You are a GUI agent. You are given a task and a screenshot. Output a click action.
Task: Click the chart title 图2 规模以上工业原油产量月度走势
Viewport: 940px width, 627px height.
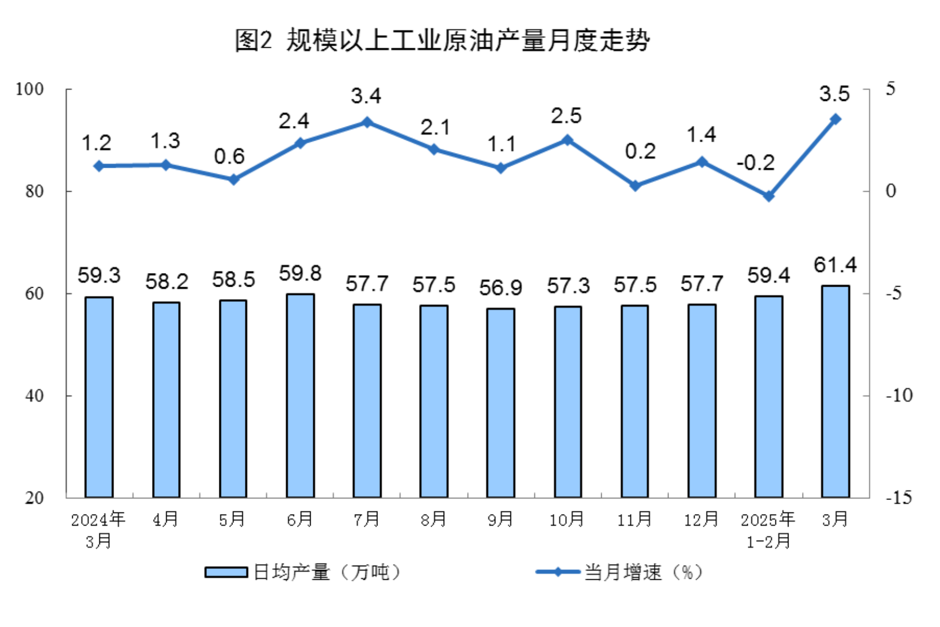click(441, 40)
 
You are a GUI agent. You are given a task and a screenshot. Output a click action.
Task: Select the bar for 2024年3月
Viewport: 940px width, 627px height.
click(99, 397)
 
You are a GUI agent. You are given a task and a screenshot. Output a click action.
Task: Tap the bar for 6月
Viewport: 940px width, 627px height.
click(300, 395)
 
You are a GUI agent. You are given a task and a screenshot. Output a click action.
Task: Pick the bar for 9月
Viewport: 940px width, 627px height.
click(501, 403)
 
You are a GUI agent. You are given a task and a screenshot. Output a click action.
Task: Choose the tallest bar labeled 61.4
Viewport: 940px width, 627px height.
click(835, 391)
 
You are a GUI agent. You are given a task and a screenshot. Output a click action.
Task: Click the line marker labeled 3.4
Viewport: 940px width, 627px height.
click(367, 122)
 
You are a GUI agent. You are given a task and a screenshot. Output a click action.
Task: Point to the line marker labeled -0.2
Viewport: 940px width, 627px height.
click(768, 196)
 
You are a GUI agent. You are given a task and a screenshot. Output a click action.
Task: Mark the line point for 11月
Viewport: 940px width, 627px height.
click(635, 186)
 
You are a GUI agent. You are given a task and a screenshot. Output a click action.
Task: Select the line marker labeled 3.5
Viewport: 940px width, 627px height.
click(835, 119)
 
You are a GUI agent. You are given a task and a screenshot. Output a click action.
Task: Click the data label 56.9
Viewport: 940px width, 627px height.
click(501, 288)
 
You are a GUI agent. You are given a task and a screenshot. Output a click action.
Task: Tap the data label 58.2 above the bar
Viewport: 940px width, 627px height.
click(167, 282)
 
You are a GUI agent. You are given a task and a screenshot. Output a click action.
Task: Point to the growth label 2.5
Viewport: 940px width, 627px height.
click(566, 116)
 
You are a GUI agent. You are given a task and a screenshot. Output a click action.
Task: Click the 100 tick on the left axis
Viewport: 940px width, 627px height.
click(30, 89)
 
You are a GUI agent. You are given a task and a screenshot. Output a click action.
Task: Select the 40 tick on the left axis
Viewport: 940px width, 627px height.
click(34, 396)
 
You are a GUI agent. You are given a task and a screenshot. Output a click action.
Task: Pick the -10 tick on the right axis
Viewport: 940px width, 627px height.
click(899, 396)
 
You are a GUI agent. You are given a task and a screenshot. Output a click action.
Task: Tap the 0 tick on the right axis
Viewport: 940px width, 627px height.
click(891, 191)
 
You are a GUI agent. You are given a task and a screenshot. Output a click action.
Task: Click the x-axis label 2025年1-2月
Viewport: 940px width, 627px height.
click(768, 530)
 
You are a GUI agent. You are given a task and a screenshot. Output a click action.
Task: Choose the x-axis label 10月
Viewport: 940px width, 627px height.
click(566, 520)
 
